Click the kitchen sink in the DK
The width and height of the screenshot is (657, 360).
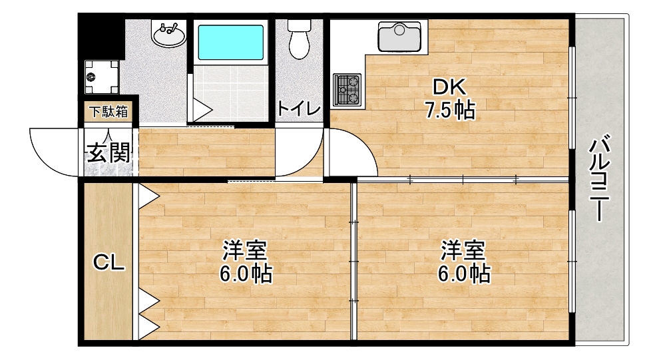tap(399, 37)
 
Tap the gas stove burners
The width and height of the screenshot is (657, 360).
tap(347, 89)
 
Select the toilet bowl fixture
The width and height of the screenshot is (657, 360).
tap(298, 40)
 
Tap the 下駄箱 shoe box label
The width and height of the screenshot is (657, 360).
tap(109, 112)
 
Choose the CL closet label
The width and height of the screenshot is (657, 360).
tap(108, 264)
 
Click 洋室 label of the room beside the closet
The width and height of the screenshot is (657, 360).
tap(245, 252)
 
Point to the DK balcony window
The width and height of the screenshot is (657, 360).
tap(572, 96)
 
